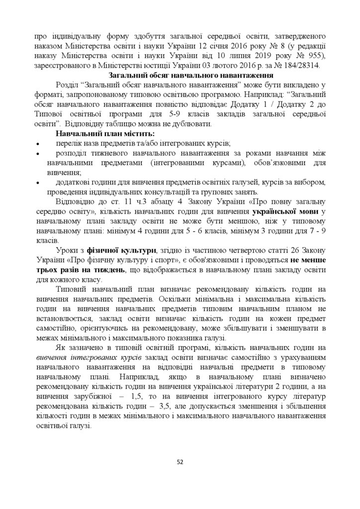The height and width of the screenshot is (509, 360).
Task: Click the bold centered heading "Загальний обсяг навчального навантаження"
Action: pos(180,75)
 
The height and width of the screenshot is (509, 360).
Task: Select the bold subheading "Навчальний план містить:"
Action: pos(105,134)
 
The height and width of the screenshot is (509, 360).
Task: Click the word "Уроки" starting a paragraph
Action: pos(68,250)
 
